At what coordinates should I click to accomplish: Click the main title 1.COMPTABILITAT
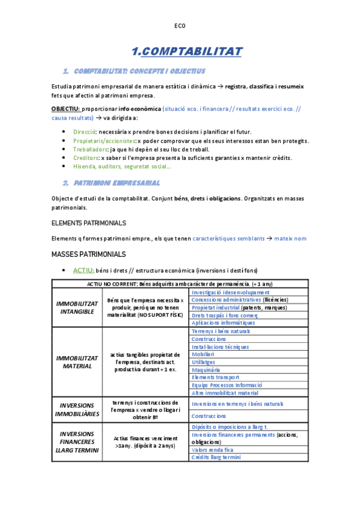pyautogui.click(x=186, y=51)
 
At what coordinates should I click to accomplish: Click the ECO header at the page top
pyautogui.click(x=180, y=25)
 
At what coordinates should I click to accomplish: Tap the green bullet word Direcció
pyautogui.click(x=84, y=132)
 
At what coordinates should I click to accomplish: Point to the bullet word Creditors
pyautogui.click(x=87, y=158)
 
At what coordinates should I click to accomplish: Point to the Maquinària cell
pyautogui.click(x=206, y=370)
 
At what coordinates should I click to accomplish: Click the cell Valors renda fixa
pyautogui.click(x=212, y=449)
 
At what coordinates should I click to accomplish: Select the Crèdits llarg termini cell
pyautogui.click(x=216, y=457)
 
